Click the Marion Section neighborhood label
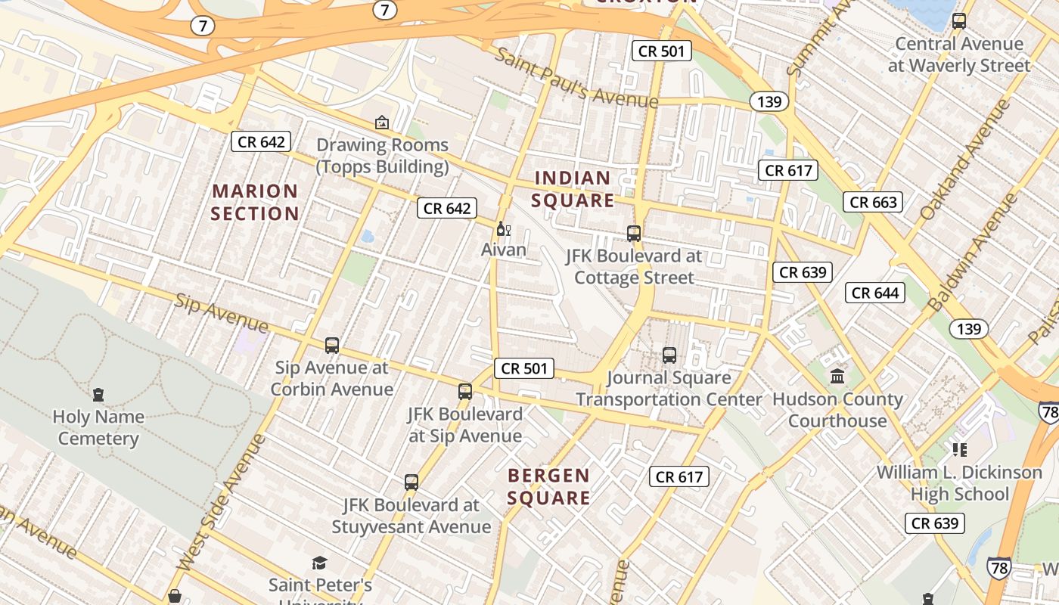coord(255,202)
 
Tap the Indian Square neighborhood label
coord(573,189)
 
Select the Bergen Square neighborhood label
coord(548,486)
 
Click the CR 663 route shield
coord(874,202)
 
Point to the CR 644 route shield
coord(875,293)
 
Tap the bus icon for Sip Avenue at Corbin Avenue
coord(332,346)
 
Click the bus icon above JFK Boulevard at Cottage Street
coord(634,234)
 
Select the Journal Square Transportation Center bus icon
coord(669,355)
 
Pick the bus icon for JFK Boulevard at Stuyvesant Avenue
coord(411,482)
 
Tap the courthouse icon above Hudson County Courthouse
coord(837,376)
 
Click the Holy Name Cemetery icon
coord(98,394)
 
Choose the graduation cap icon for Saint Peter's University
coord(320,563)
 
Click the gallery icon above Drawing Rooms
coord(382,122)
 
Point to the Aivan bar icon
coord(503,228)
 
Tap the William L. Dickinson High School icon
coord(960,450)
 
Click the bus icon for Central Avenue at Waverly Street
coord(959,21)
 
